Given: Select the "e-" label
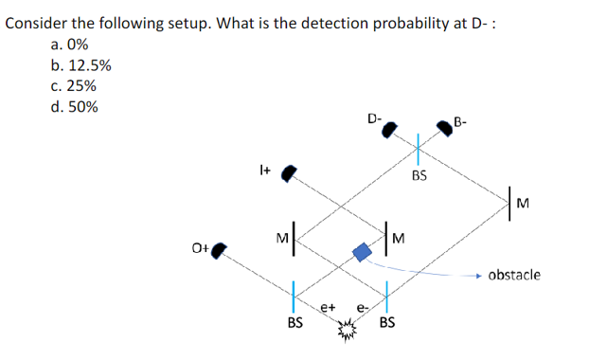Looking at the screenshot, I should click(x=360, y=308).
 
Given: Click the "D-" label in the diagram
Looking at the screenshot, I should click(x=375, y=118).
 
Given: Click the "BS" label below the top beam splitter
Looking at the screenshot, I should click(x=419, y=175).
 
